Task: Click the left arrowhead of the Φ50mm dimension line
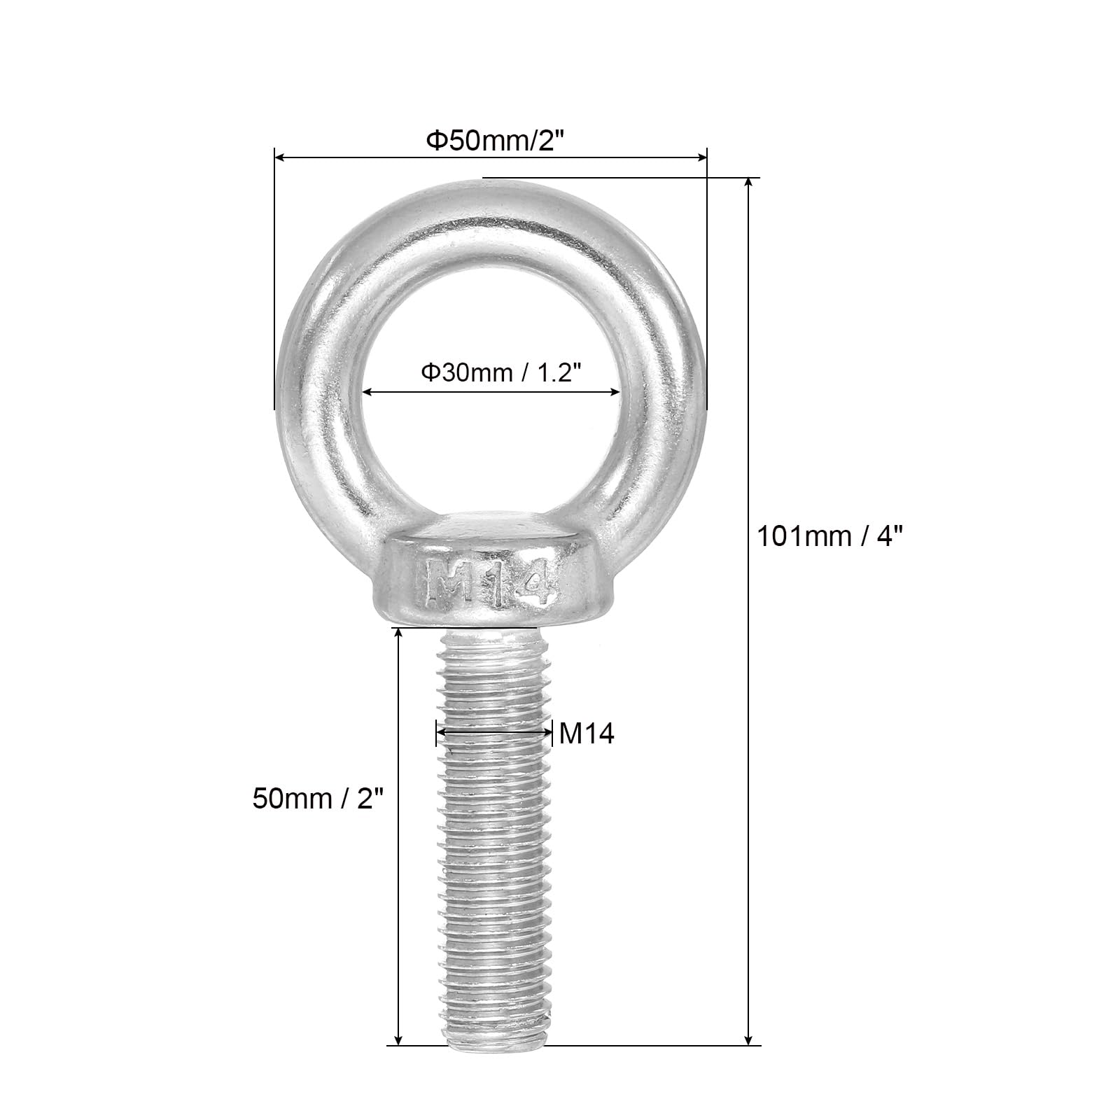280,159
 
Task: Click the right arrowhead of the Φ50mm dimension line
701,159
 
